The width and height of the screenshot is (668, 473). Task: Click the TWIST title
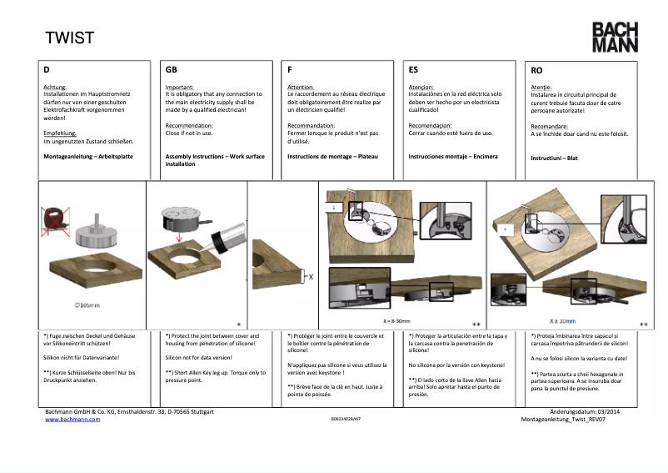tap(69, 38)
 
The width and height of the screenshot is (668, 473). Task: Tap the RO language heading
tap(536, 71)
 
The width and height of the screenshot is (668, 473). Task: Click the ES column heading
tap(414, 71)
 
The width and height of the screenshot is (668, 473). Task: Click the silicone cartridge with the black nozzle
tap(226, 233)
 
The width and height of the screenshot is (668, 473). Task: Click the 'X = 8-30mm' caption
tap(398, 320)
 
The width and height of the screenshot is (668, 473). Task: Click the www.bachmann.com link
tap(72, 420)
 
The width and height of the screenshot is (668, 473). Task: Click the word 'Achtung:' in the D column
tap(55, 87)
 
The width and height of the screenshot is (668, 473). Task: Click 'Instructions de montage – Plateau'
tap(333, 157)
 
